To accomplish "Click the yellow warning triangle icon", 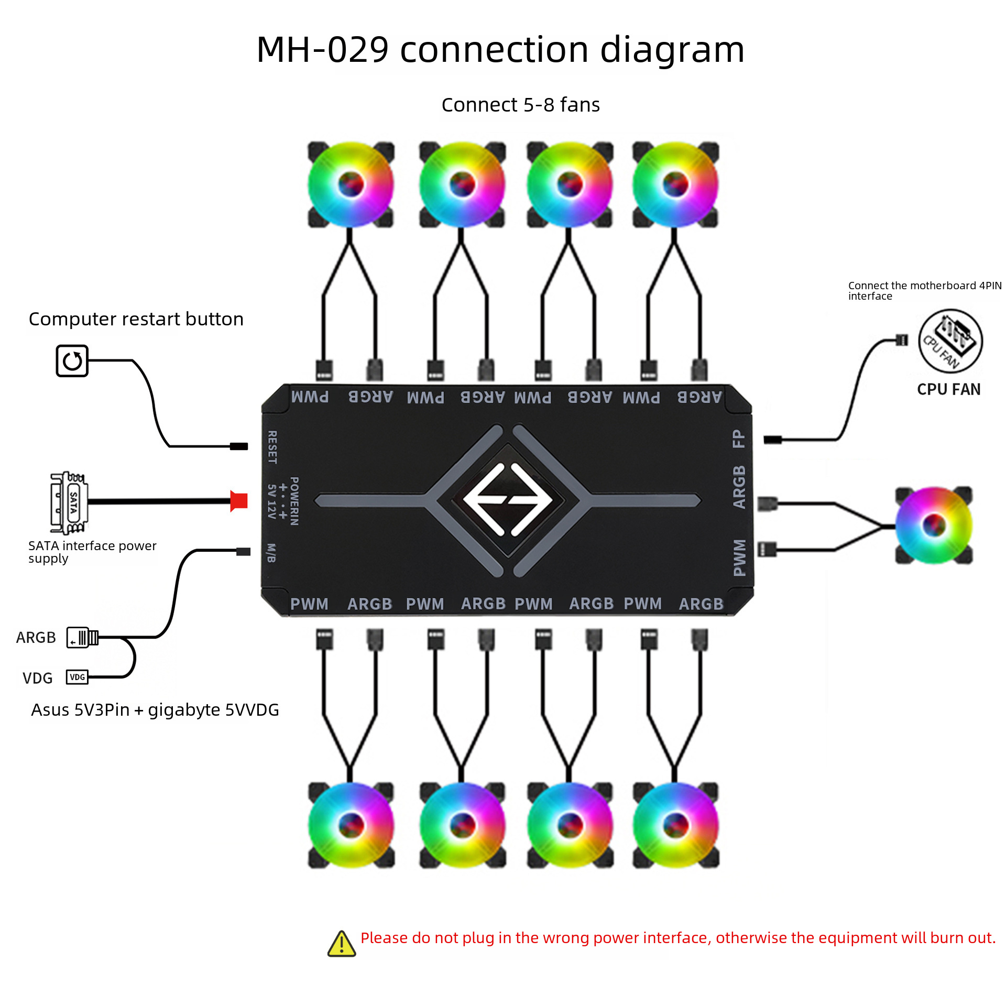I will click(x=342, y=944).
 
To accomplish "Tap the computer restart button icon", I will click(x=72, y=360).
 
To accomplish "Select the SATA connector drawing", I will click(x=69, y=502).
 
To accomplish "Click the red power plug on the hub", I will click(x=239, y=501).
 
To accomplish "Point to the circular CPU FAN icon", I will click(x=950, y=341).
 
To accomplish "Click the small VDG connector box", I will click(x=77, y=677).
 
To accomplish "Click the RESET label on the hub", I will click(x=272, y=447).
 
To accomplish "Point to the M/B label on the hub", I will click(x=271, y=553).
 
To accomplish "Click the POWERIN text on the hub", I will click(x=294, y=501).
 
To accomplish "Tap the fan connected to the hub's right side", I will click(x=934, y=525).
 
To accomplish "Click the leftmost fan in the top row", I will click(x=351, y=184).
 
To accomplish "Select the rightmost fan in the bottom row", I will click(x=675, y=825).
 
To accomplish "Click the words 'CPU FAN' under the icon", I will click(x=948, y=389).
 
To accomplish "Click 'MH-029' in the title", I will click(x=322, y=50).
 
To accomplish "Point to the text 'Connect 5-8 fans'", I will click(x=520, y=105).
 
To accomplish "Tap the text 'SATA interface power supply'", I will click(x=92, y=552).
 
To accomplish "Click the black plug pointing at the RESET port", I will click(x=239, y=446).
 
